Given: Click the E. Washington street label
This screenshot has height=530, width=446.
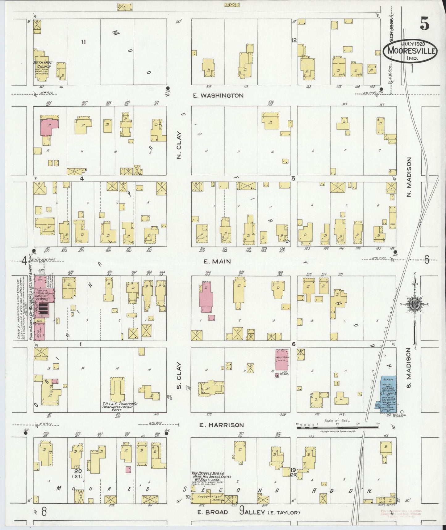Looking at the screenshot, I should pos(218,96).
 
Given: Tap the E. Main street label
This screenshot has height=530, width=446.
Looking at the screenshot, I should pos(217,261).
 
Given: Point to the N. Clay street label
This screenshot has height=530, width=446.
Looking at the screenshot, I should pos(179,146).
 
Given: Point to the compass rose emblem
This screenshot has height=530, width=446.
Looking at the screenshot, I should pos(413,305).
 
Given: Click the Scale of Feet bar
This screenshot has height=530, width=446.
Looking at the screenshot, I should pos(337,428).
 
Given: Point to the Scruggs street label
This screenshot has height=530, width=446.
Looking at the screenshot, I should pos(391,31).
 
